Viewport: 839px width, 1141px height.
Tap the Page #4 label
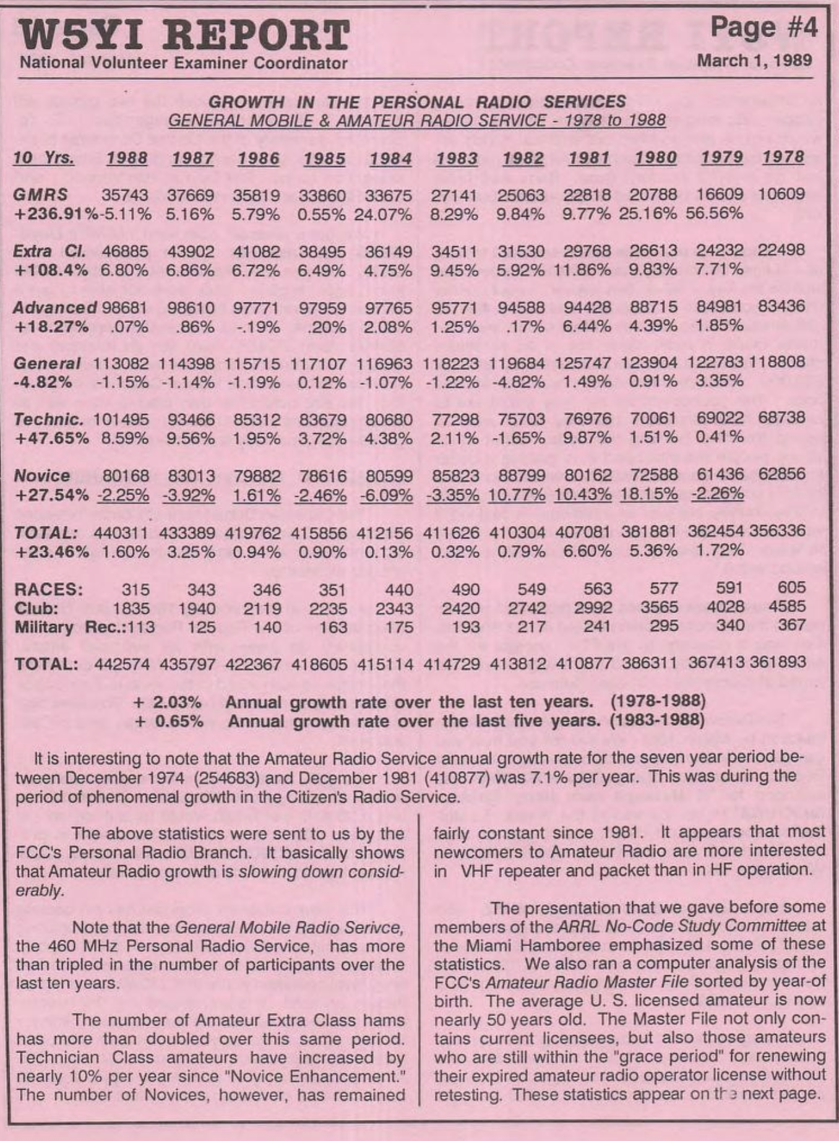764,28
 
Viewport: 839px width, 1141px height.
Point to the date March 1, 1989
754,61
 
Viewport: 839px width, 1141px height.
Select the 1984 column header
390,159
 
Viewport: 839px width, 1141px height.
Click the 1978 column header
783,157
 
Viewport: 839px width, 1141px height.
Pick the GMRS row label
40,194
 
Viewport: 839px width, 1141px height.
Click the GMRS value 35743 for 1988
125,195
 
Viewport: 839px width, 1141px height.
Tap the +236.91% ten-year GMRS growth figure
54,214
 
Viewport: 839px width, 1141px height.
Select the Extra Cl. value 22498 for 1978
782,251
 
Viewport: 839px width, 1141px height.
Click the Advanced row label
54,308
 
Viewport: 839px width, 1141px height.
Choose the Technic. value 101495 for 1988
121,420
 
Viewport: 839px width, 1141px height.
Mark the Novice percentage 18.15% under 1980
648,494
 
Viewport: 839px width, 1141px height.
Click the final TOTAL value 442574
124,664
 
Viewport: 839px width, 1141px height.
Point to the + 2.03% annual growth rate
168,702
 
